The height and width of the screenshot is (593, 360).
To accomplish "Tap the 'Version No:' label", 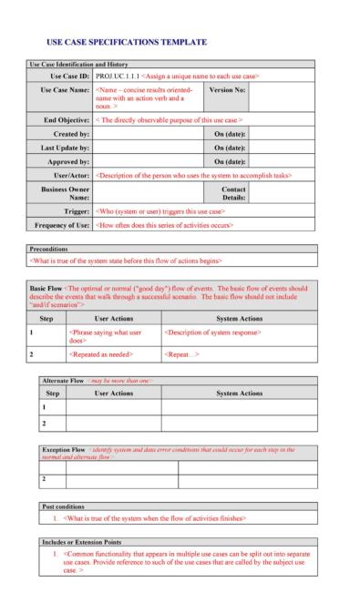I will coord(226,90).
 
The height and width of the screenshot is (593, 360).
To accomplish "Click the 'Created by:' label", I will coord(71,133).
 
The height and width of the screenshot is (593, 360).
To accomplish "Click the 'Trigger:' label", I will coord(76,210).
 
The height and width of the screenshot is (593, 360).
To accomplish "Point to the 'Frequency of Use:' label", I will coord(62,224).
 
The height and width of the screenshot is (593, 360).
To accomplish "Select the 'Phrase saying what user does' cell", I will coord(102,336).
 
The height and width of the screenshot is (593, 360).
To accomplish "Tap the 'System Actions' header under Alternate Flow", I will coord(239,393).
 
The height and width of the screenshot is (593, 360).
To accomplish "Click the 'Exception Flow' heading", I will coord(67,450).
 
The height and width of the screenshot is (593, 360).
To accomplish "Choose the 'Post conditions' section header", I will coord(65,506).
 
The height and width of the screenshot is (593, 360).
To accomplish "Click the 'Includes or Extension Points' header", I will coord(87,541).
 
